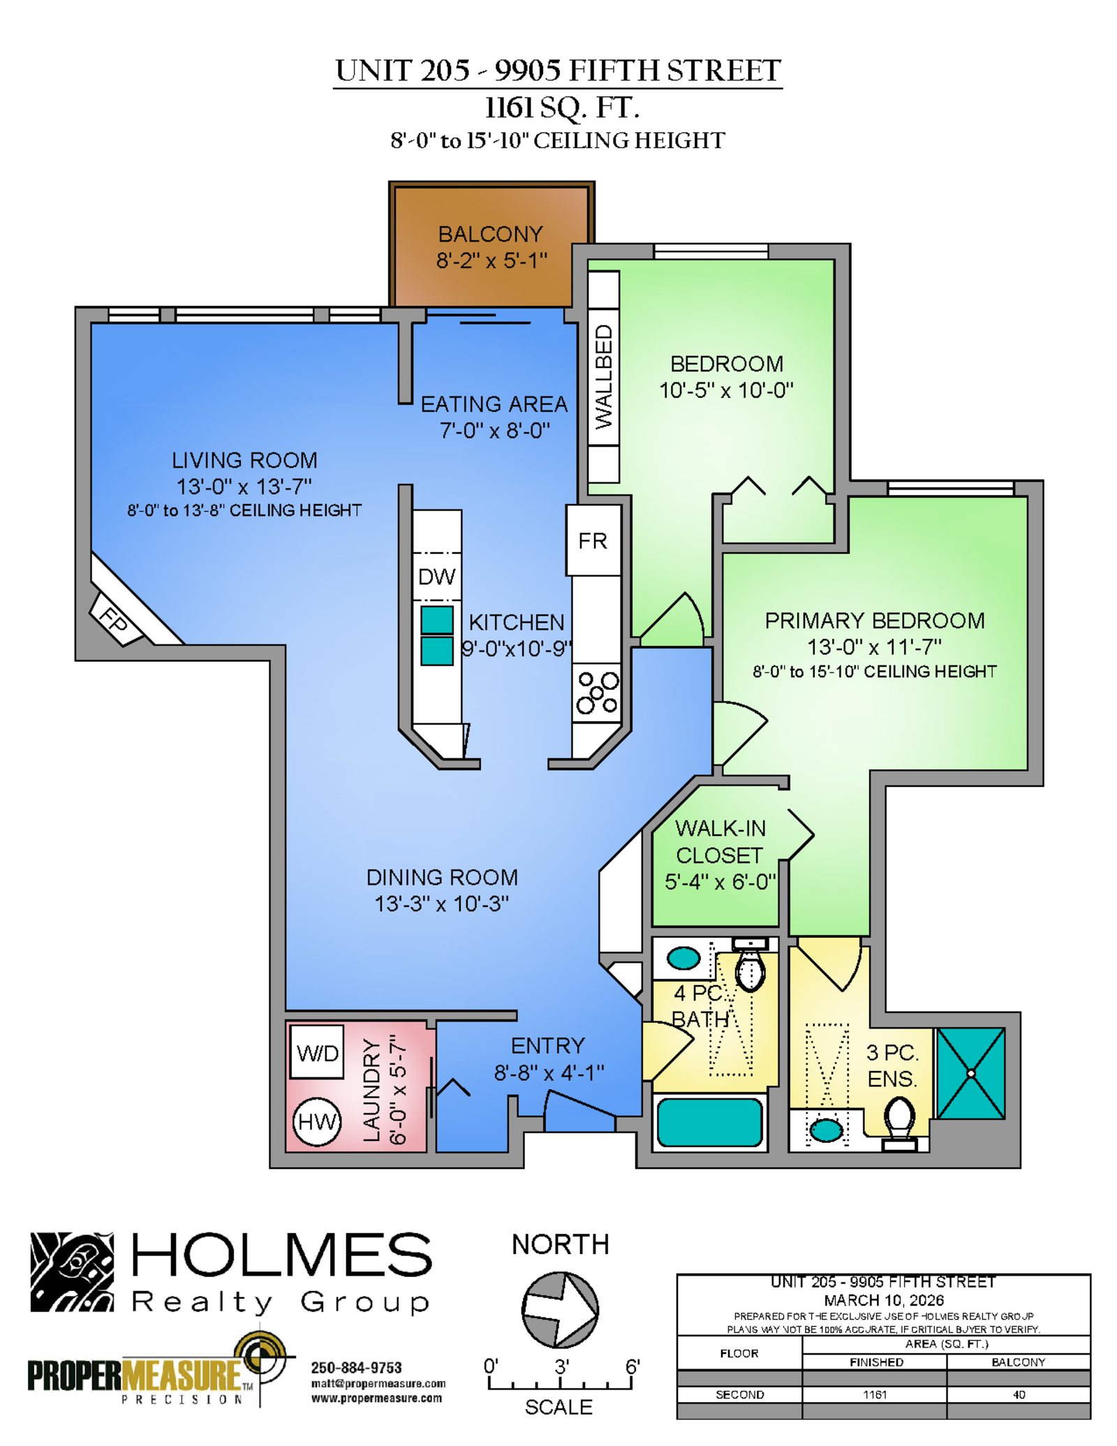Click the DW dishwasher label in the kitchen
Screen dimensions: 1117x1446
[436, 577]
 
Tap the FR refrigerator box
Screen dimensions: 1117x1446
[593, 540]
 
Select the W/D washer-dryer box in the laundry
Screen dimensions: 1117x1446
[317, 1052]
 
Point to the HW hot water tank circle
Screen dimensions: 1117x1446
[316, 1122]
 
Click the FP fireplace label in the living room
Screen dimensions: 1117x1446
[114, 619]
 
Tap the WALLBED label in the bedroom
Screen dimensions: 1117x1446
[603, 377]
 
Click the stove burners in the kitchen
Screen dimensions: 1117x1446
[597, 693]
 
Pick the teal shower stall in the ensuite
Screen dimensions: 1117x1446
[970, 1073]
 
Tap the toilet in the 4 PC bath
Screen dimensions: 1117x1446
[750, 964]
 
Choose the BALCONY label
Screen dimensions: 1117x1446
[490, 234]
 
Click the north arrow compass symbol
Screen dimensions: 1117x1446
[560, 1310]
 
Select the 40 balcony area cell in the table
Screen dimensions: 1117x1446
[1019, 1394]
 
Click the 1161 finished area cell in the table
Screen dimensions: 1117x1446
[875, 1394]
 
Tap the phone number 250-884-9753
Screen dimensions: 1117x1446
[356, 1367]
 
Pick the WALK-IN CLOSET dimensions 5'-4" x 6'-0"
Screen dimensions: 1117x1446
[720, 882]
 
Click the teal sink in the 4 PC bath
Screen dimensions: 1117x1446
[683, 958]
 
